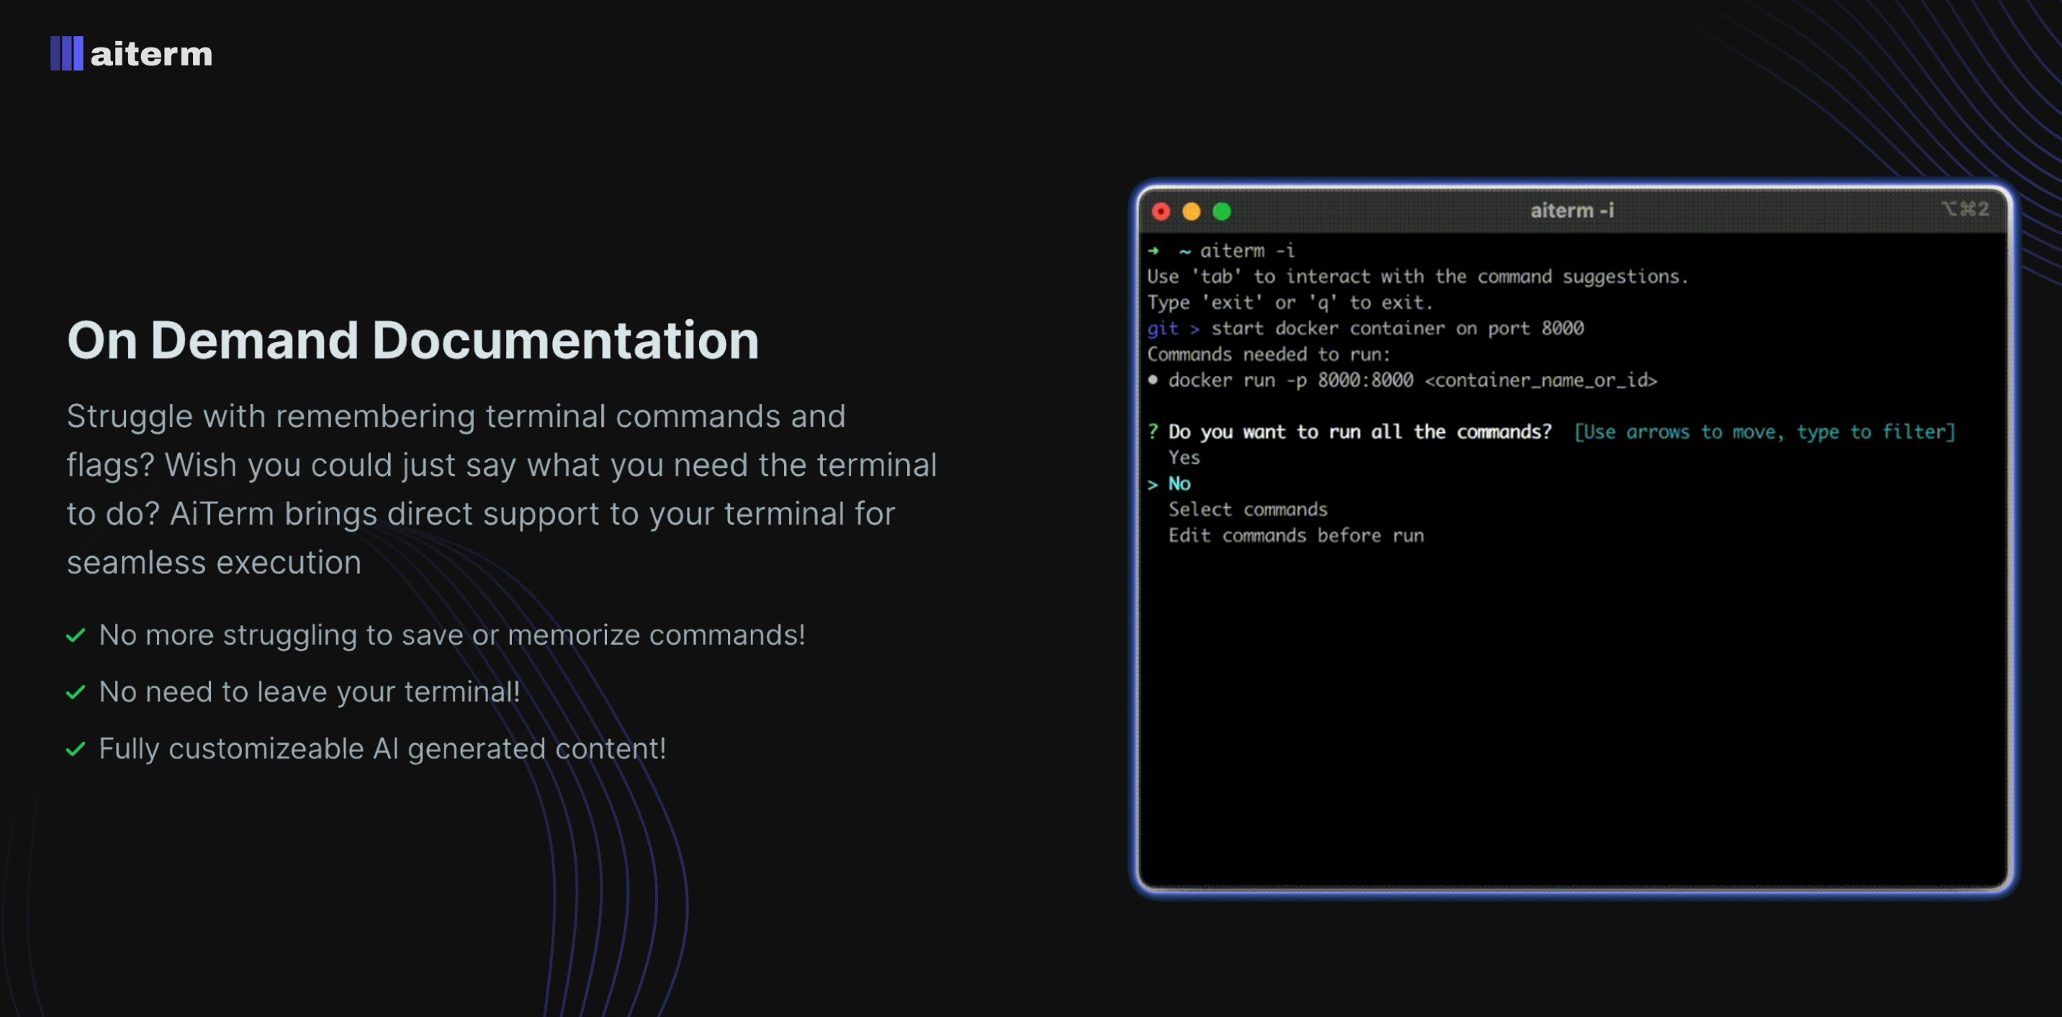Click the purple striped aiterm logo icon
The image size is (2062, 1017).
pyautogui.click(x=66, y=53)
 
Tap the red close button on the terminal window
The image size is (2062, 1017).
pyautogui.click(x=1161, y=212)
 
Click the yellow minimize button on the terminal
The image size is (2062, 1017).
pyautogui.click(x=1191, y=212)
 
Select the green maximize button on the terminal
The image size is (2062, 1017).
pyautogui.click(x=1222, y=212)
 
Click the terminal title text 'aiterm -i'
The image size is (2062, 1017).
pyautogui.click(x=1571, y=210)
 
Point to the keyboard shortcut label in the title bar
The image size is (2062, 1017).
pyautogui.click(x=1964, y=209)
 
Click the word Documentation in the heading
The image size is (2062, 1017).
pyautogui.click(x=565, y=341)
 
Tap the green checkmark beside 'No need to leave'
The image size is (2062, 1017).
pyautogui.click(x=76, y=692)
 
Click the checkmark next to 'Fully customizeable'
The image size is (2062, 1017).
pyautogui.click(x=76, y=750)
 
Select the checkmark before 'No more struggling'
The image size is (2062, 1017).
pyautogui.click(x=76, y=636)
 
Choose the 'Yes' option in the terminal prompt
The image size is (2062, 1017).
pyautogui.click(x=1184, y=457)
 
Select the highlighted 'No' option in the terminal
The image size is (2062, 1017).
pyautogui.click(x=1179, y=484)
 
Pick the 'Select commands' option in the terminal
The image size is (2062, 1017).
pyautogui.click(x=1247, y=509)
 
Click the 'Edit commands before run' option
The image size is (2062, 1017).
pyautogui.click(x=1295, y=535)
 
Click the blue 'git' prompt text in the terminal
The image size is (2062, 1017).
pyautogui.click(x=1162, y=328)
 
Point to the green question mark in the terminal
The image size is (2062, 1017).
pyautogui.click(x=1153, y=431)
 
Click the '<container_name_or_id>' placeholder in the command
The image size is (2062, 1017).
pyautogui.click(x=1540, y=380)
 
